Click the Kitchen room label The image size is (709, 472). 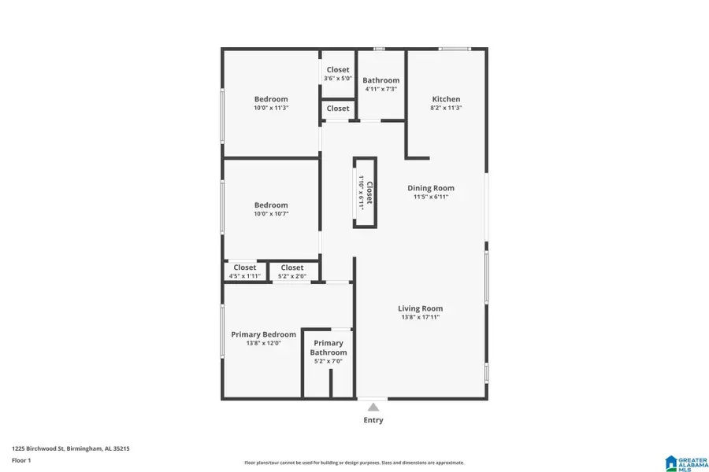446,99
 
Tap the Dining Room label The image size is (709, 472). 431,188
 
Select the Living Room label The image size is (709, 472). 420,308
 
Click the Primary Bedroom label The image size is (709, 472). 263,334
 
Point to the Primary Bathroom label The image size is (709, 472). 328,348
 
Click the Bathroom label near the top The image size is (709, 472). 380,80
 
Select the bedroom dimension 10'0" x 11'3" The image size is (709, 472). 271,108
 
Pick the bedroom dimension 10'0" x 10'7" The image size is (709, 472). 271,214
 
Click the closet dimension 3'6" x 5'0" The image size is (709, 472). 337,79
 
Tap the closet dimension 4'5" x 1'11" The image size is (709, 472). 244,276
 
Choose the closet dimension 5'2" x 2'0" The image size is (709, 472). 291,276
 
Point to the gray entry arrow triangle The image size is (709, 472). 373,407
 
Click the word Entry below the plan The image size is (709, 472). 373,420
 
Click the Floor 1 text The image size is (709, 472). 20,459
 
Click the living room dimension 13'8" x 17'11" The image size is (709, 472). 420,317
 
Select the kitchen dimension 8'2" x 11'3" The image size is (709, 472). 446,108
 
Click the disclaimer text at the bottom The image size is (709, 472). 354,463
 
